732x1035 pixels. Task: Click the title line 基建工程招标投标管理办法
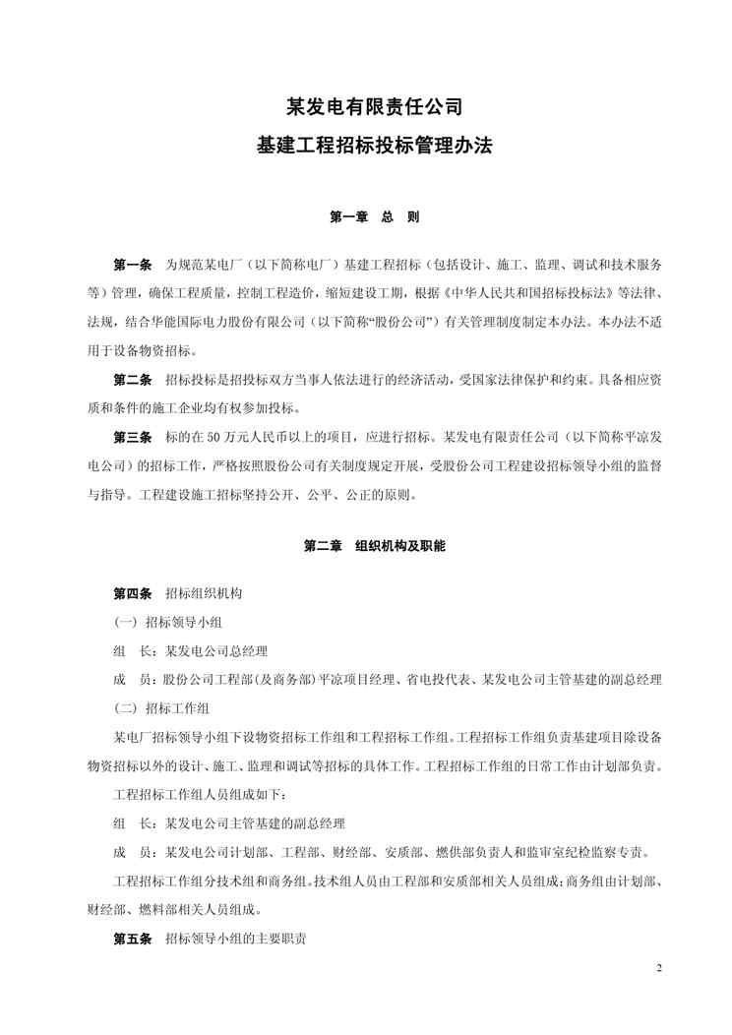(366, 147)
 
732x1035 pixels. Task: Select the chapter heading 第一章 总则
(366, 217)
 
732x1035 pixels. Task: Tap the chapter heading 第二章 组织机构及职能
(366, 544)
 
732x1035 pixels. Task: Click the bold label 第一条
(133, 266)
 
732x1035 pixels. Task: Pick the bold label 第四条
(133, 593)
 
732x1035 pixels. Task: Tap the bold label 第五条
(133, 939)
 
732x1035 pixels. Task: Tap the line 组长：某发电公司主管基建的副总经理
(229, 822)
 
